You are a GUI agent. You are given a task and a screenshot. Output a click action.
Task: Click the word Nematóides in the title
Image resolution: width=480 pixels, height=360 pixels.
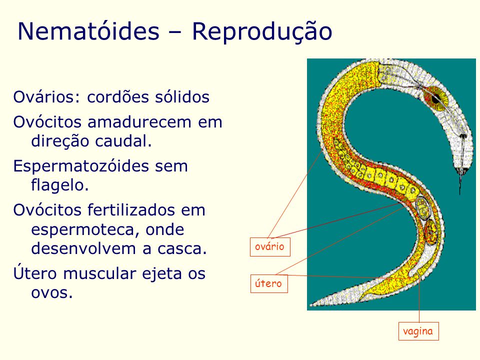tap(87, 31)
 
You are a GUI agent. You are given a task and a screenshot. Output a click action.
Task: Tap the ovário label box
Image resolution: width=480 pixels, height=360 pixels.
tap(269, 247)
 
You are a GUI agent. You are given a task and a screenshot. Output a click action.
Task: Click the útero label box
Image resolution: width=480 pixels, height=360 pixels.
tap(268, 284)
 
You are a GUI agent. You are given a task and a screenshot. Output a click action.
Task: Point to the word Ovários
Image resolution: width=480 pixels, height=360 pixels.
tap(43, 97)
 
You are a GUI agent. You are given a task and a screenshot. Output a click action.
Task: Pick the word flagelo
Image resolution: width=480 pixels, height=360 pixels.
tap(59, 185)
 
